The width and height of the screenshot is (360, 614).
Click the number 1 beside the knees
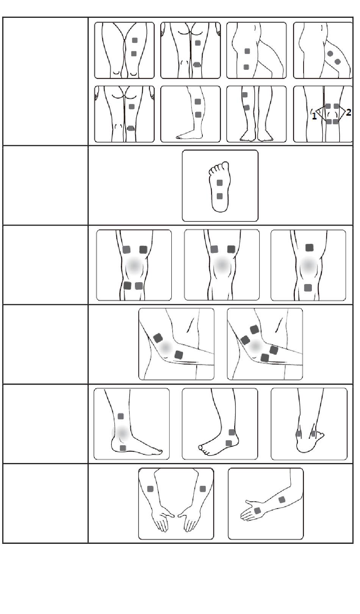coord(314,116)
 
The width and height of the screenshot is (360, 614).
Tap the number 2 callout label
coord(348,112)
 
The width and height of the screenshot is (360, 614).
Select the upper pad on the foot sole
coord(219,182)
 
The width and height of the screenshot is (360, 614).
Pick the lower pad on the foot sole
coord(219,196)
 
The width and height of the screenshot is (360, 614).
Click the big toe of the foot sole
coord(225,165)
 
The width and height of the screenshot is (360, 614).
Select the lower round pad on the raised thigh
coord(338,62)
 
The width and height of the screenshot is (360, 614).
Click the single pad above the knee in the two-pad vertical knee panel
coord(310,248)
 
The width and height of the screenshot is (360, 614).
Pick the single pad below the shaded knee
coord(308,287)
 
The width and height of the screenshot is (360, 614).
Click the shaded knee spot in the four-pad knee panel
coord(134,265)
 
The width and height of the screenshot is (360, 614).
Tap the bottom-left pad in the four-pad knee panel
coord(127,286)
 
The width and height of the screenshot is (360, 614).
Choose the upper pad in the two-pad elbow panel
coord(158,338)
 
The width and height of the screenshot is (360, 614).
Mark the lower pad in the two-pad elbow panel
coord(179,355)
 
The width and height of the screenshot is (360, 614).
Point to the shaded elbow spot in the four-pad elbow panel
coord(256,347)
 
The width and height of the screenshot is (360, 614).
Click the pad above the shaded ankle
coord(121,416)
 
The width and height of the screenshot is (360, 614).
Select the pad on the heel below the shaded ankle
coord(123,448)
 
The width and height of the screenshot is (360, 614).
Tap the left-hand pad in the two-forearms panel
coord(150,488)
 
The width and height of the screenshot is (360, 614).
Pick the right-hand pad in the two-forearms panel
coord(203,488)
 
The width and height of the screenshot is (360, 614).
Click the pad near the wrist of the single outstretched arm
coord(257,510)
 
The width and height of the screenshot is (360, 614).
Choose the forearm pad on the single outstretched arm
coord(282,500)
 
